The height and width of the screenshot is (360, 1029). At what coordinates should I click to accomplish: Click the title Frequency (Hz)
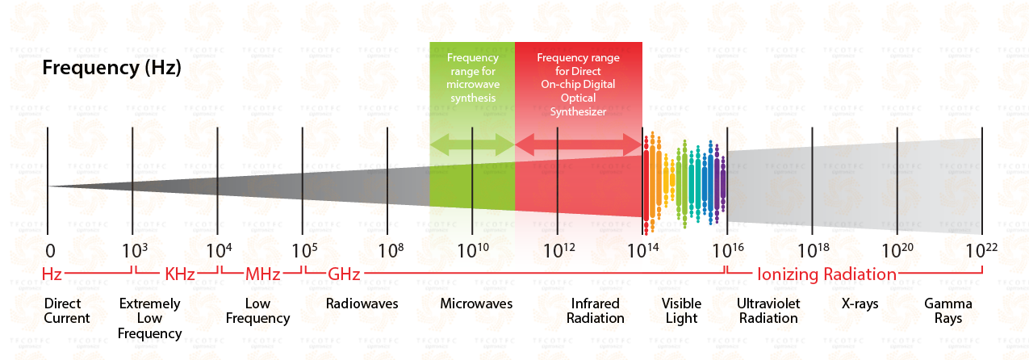[111, 68]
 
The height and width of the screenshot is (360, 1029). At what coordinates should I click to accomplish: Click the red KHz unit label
[179, 274]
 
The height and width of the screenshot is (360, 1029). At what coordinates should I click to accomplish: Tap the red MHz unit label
[262, 274]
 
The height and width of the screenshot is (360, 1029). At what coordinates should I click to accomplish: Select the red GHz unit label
[344, 274]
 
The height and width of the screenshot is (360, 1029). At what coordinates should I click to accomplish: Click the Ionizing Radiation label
[826, 274]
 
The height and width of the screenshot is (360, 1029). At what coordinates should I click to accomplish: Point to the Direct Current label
[67, 311]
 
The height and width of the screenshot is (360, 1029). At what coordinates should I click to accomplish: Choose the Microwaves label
[476, 304]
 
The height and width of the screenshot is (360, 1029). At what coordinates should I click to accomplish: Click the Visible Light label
[682, 311]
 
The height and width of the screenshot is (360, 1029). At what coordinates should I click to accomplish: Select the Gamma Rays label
[948, 311]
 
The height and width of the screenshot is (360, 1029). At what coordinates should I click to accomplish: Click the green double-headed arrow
[472, 144]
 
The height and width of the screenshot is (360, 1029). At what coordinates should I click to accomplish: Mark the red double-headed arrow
[578, 144]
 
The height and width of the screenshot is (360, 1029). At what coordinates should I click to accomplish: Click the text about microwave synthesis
[472, 77]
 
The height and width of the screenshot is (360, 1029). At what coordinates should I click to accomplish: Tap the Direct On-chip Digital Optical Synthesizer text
[578, 85]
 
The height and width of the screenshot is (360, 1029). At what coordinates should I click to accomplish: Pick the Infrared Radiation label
[596, 311]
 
